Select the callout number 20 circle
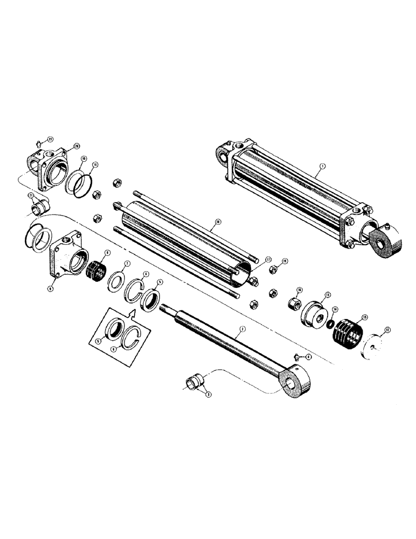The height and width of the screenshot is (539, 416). pyautogui.click(x=77, y=146)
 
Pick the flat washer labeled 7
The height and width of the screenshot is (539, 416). pyautogui.click(x=116, y=281)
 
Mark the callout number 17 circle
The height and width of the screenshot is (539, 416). pyautogui.click(x=268, y=259)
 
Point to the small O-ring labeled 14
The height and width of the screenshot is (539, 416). pyautogui.click(x=329, y=325)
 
